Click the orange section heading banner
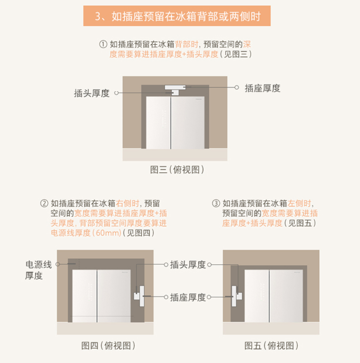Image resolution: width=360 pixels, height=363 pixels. [x=177, y=16]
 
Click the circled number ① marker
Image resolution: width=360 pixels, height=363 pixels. [x=103, y=44]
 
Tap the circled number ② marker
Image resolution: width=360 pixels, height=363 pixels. [x=44, y=203]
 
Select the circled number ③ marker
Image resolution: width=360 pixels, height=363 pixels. [x=216, y=203]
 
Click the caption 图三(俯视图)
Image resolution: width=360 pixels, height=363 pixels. [x=177, y=170]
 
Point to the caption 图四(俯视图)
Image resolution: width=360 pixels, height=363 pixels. [x=108, y=346]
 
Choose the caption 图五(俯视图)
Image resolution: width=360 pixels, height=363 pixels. [x=272, y=346]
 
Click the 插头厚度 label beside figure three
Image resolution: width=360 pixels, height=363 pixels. [x=92, y=93]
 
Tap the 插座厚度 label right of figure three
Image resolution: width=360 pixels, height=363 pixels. [x=262, y=88]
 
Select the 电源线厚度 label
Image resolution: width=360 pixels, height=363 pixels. [x=38, y=270]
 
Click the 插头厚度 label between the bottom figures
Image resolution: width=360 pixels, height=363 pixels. [x=188, y=264]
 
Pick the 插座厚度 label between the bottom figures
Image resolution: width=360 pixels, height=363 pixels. [x=188, y=297]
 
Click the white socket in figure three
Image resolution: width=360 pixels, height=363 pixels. [x=175, y=87]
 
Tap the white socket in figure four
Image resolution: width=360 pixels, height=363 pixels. [x=142, y=296]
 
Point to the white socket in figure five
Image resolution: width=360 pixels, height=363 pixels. [x=234, y=296]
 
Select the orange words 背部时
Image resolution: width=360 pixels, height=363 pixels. [x=186, y=44]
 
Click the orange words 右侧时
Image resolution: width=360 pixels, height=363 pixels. [x=128, y=203]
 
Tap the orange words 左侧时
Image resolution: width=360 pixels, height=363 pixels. [x=299, y=203]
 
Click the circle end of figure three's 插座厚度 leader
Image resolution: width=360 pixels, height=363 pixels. [x=237, y=87]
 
